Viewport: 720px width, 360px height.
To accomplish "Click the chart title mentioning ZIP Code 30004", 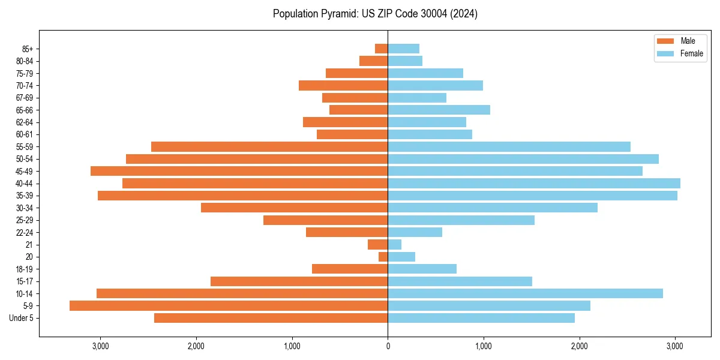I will (x=375, y=14).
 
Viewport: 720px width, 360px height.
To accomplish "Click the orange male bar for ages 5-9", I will (x=229, y=306).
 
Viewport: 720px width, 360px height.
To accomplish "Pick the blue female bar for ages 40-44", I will (x=534, y=183).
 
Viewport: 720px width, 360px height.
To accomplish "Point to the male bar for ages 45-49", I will (x=239, y=171).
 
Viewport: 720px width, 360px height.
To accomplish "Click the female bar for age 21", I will (x=395, y=245).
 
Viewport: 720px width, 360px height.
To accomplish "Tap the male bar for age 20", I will (x=383, y=257).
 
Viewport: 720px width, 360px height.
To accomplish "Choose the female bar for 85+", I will (x=403, y=49).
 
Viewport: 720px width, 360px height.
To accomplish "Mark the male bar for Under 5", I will (x=271, y=318).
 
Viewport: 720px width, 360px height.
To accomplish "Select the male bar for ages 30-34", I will (x=294, y=208).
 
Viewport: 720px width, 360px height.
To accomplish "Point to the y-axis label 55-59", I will (x=25, y=146).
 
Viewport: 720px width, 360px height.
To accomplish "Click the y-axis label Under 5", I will (x=22, y=318).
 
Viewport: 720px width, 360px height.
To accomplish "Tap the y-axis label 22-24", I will (x=25, y=232).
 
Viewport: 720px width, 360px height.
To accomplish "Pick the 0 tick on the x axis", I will (x=388, y=346).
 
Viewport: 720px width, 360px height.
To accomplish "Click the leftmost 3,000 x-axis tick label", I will (x=100, y=346).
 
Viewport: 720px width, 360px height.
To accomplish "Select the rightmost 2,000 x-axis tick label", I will (x=579, y=346).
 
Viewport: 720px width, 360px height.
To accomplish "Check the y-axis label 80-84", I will (x=25, y=61).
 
